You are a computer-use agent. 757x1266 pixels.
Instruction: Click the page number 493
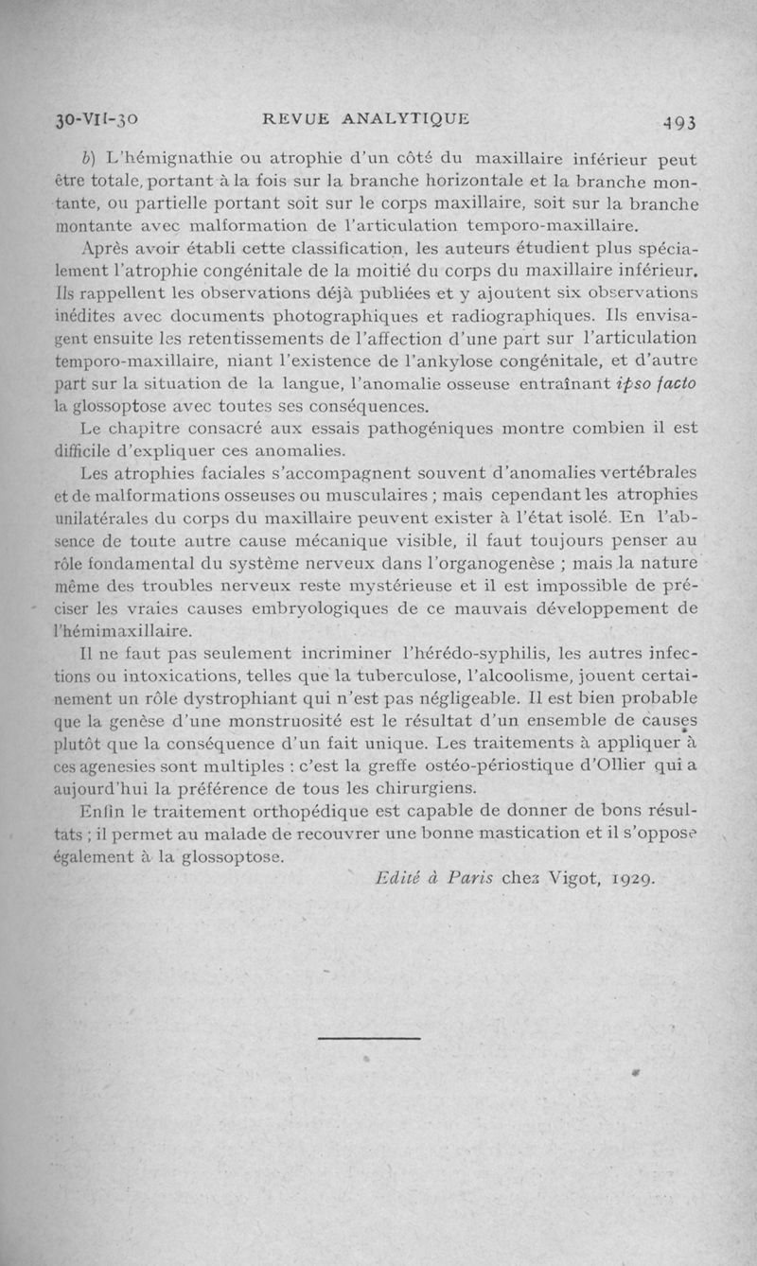(679, 122)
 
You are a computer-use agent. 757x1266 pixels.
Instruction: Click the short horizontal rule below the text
(369, 1038)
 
